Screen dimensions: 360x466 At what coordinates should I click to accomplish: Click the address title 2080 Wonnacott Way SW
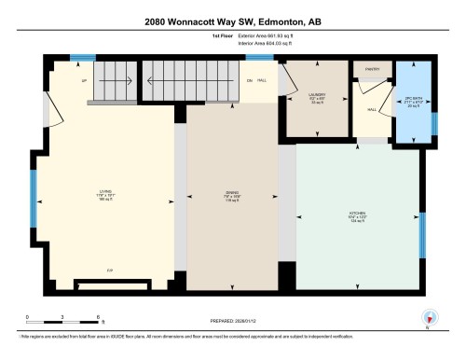pos(232,21)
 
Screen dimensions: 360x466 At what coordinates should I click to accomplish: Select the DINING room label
pos(232,195)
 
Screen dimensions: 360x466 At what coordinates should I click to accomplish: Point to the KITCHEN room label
pos(356,214)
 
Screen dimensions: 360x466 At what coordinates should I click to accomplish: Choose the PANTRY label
pos(371,69)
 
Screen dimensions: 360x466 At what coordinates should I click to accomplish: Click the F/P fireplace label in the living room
pos(110,270)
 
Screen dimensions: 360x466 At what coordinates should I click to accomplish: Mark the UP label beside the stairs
pos(59,80)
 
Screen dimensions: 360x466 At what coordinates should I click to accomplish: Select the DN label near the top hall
pos(250,81)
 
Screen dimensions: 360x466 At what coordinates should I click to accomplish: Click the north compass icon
pos(429,317)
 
